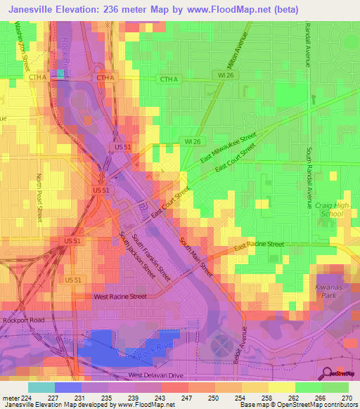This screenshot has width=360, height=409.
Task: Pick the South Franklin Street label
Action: tap(152, 257)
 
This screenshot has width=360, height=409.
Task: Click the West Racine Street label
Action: tap(120, 297)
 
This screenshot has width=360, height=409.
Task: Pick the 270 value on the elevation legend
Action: tap(346, 398)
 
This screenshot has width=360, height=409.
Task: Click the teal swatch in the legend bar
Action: tap(41, 387)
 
